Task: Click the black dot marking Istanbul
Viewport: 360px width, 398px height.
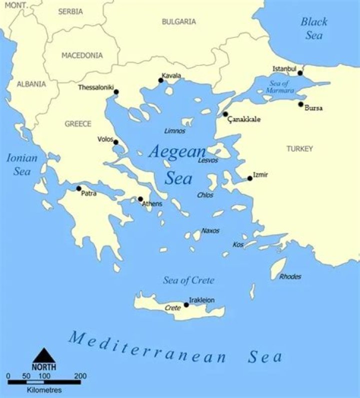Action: pos(300,73)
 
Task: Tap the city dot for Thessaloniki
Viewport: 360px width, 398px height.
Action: pos(116,92)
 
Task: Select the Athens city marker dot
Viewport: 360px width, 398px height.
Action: pos(140,199)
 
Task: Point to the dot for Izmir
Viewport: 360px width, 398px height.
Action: pos(250,178)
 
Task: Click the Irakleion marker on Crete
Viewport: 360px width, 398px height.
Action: pos(186,305)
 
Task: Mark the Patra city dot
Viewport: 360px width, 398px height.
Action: pos(78,188)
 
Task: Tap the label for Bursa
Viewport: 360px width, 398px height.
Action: pos(313,108)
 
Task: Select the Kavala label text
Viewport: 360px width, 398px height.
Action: pos(171,76)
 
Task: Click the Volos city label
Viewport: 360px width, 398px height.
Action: pos(105,139)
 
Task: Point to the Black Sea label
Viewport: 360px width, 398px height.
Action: pos(314,28)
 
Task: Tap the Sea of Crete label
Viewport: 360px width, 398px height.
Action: pos(188,280)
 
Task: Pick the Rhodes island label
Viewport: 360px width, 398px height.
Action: pos(290,276)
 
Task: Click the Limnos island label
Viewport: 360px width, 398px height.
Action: pos(174,131)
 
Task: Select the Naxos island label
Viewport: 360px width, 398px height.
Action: pos(210,231)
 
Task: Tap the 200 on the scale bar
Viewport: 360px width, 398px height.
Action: pos(79,376)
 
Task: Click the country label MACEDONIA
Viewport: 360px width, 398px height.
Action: pos(82,55)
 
